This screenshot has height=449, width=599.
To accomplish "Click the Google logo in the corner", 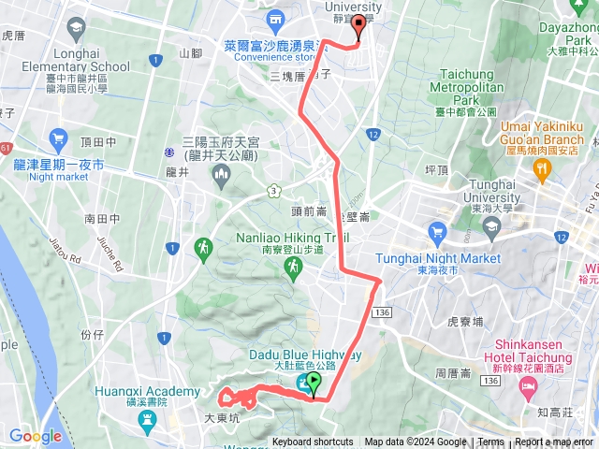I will (x=36, y=436).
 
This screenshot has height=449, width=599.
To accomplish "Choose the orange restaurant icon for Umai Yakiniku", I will (x=541, y=167).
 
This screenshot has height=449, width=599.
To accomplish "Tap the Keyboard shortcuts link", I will (x=313, y=442).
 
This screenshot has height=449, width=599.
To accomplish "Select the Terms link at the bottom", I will (x=490, y=442).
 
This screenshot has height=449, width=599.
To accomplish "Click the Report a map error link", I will (x=554, y=442).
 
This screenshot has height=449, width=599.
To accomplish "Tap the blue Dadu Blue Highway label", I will (x=305, y=355).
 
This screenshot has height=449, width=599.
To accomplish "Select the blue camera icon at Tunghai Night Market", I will (x=435, y=230).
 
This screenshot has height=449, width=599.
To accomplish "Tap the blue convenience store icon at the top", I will (x=275, y=19).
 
